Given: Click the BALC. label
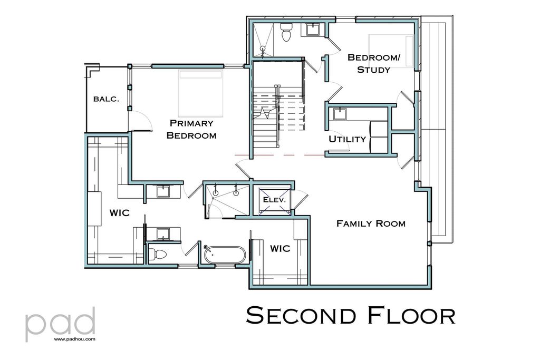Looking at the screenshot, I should click(106, 99).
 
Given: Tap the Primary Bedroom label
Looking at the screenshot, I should click(191, 129).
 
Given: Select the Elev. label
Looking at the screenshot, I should click(274, 200).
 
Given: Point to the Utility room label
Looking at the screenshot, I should click(347, 139).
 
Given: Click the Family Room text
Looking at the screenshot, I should click(371, 223).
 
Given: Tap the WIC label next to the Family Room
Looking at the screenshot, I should click(280, 248).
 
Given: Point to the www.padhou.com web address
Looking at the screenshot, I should click(74, 339).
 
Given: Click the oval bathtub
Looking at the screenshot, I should click(225, 255).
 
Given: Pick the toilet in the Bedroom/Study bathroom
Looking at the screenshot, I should click(286, 33).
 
